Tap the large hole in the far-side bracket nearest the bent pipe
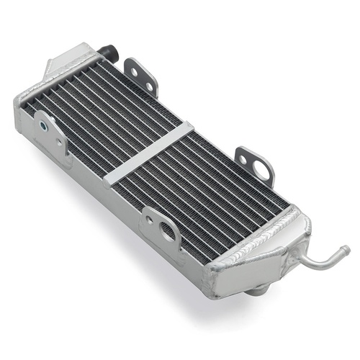[x=261, y=171]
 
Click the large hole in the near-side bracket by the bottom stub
[x=168, y=231]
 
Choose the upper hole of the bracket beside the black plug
[x=134, y=70]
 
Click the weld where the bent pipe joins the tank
[x=301, y=256]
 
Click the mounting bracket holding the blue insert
[x=50, y=133]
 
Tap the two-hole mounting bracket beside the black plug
[x=141, y=76]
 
